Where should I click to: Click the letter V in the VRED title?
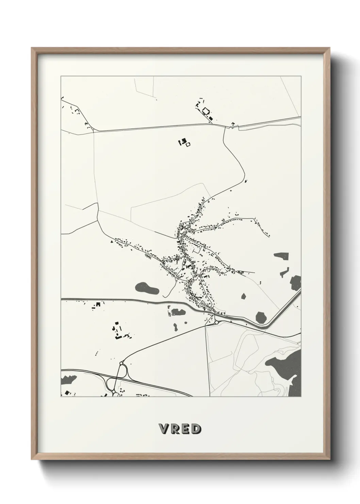tap(164, 429)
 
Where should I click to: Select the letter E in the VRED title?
tap(185, 429)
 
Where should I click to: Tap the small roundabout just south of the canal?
tap(216, 322)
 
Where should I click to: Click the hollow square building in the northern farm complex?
tap(206, 111)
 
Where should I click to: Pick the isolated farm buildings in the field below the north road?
tap(184, 142)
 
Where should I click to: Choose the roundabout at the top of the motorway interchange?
tap(121, 364)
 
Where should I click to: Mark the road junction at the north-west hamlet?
tap(93, 130)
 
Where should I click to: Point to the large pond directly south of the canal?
tap(178, 311)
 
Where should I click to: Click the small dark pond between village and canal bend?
tap(244, 296)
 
